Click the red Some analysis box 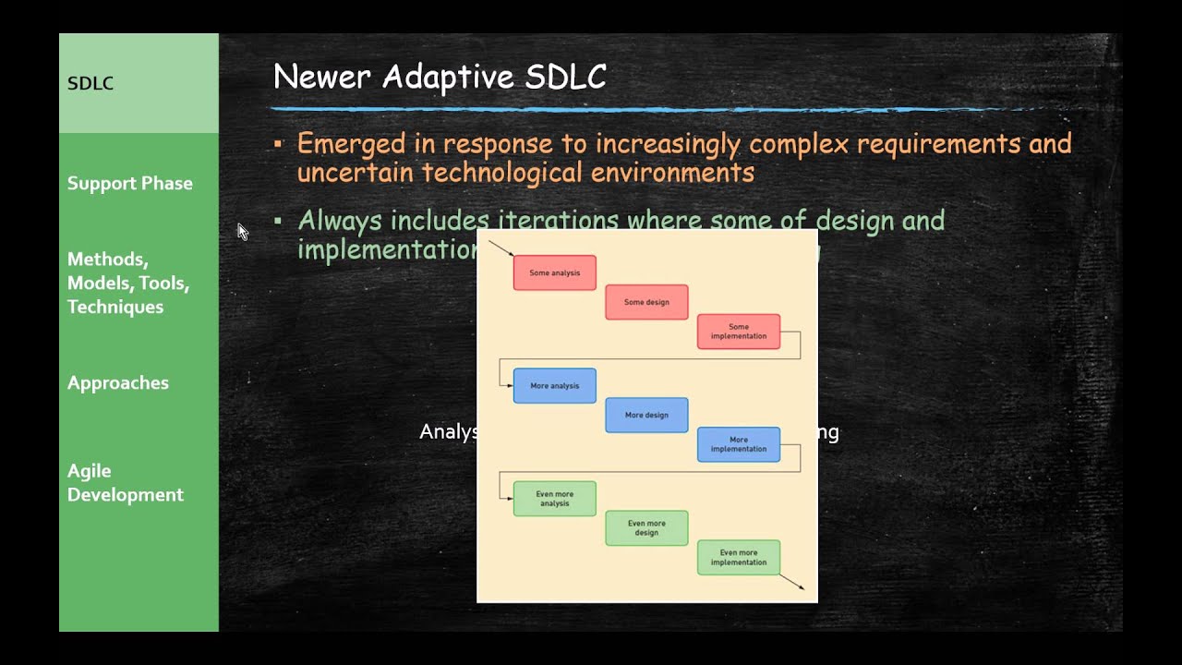tap(554, 272)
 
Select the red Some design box tap(646, 302)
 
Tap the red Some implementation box tap(739, 332)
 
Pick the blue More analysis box tap(554, 385)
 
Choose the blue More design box tap(646, 415)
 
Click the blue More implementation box tap(739, 444)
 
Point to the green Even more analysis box tap(554, 499)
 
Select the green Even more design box tap(646, 528)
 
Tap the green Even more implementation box tap(739, 557)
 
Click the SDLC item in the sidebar tap(90, 83)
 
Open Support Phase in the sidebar tap(130, 183)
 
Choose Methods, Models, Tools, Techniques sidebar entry tap(128, 283)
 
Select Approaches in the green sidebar tap(118, 382)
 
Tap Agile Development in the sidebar tap(126, 482)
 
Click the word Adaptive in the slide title tap(449, 77)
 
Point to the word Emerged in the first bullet tap(351, 144)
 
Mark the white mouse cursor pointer tap(242, 231)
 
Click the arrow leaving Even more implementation tap(792, 582)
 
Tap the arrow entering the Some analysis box tap(500, 248)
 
